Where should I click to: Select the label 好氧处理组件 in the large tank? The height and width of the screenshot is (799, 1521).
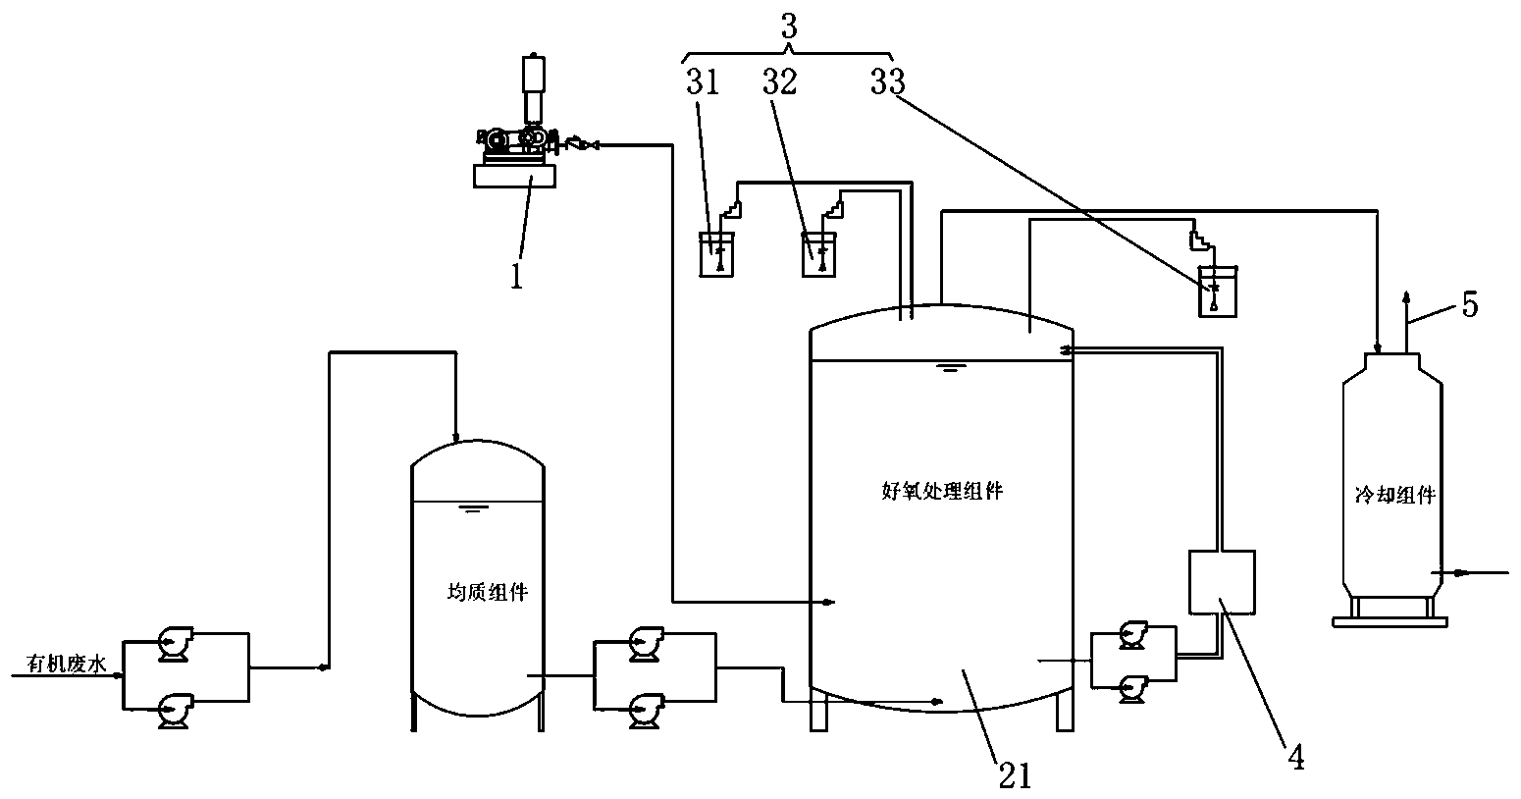(942, 492)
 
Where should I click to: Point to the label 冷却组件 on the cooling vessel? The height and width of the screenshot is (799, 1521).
(1393, 496)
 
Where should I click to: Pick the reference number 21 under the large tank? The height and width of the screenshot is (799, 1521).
(1015, 774)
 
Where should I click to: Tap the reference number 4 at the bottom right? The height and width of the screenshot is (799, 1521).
(1295, 759)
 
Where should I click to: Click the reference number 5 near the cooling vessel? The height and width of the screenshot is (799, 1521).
(1469, 304)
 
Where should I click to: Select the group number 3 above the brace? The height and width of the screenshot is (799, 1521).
(788, 26)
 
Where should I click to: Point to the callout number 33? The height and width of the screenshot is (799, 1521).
(887, 82)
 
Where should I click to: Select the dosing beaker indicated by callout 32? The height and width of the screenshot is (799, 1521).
(818, 255)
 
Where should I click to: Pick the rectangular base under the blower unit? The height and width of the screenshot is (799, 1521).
(514, 176)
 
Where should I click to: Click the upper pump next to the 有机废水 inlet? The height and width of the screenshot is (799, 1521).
(176, 644)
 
